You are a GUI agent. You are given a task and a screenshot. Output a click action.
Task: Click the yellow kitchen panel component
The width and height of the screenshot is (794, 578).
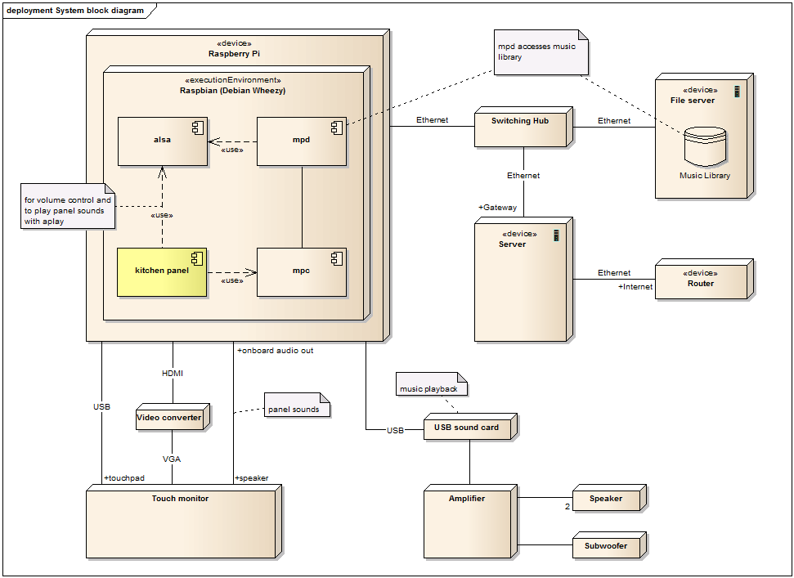tap(162, 272)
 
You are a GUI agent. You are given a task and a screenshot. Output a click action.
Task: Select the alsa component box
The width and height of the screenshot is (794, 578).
tap(163, 141)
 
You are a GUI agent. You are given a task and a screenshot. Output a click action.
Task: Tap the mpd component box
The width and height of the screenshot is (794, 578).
tap(302, 141)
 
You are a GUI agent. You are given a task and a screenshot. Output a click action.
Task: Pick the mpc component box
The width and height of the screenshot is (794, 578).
tap(302, 272)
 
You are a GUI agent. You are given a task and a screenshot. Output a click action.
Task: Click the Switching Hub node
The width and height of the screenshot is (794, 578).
tap(523, 127)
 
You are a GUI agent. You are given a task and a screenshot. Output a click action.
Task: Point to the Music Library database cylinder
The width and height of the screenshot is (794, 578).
tap(705, 147)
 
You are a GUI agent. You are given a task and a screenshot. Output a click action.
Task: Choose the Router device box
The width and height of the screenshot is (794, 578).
tap(704, 279)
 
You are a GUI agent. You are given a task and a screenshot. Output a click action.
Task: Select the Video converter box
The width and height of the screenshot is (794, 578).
tap(173, 417)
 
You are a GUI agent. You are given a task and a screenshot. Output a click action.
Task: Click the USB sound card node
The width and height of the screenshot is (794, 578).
tap(470, 426)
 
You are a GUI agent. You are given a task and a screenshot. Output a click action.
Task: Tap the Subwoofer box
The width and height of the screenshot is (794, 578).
tap(610, 545)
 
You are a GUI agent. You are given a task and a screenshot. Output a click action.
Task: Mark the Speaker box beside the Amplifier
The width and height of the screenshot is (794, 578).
tap(610, 498)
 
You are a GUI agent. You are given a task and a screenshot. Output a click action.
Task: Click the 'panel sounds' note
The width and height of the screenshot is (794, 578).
tap(298, 405)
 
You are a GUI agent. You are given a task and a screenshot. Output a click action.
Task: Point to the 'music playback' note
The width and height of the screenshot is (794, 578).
tap(432, 384)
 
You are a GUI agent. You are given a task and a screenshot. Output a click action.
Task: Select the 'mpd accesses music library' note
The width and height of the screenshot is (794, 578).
tap(541, 52)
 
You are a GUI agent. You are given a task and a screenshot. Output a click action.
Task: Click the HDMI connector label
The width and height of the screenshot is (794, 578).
tap(173, 373)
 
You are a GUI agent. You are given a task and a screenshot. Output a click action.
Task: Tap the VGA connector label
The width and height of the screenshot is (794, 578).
tap(172, 459)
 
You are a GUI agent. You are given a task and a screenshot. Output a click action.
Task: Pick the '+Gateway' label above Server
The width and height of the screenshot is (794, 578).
tap(497, 207)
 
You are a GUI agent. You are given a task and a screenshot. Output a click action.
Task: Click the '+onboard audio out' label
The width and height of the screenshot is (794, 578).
tap(275, 350)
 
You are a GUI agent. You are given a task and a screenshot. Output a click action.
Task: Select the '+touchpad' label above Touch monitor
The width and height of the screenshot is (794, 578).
tap(124, 477)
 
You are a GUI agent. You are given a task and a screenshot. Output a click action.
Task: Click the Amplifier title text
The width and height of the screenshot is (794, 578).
tap(466, 499)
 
